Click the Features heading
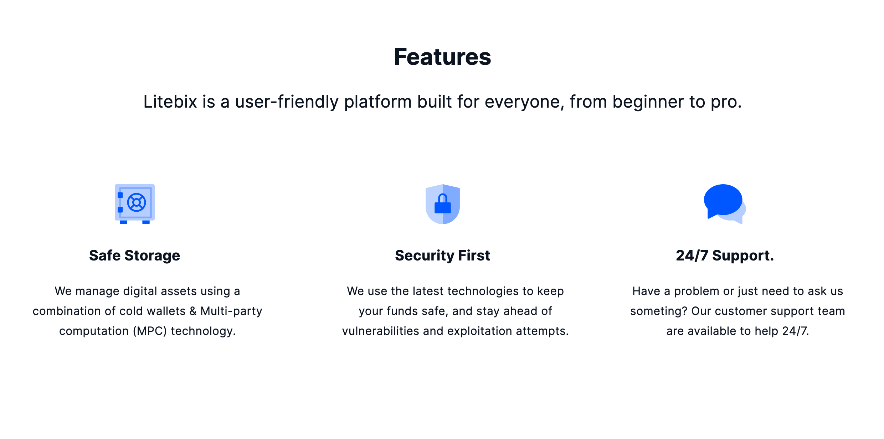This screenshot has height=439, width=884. (442, 57)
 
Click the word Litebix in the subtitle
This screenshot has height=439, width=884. (170, 102)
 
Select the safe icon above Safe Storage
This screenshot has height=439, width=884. (135, 204)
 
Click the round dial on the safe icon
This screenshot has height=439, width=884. (137, 202)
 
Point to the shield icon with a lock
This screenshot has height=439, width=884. (443, 204)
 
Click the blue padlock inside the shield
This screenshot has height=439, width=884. (443, 203)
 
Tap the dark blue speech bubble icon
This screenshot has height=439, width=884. (723, 201)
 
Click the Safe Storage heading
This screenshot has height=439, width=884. (135, 256)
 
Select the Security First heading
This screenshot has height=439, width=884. (442, 256)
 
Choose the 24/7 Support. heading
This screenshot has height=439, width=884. (725, 256)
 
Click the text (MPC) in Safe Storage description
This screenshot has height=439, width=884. (150, 331)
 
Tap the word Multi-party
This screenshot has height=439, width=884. (231, 311)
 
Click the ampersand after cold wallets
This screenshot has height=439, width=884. (193, 311)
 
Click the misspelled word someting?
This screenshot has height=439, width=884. (659, 311)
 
